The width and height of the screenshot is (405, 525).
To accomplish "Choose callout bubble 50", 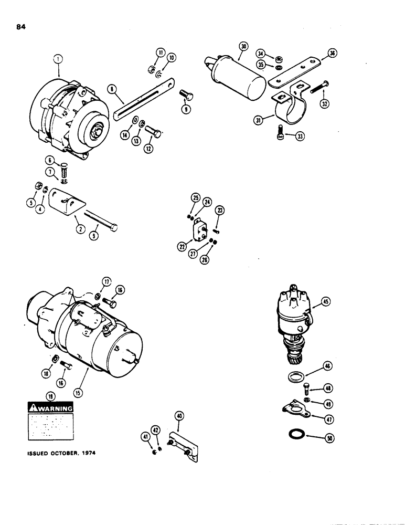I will pos(329,437).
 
